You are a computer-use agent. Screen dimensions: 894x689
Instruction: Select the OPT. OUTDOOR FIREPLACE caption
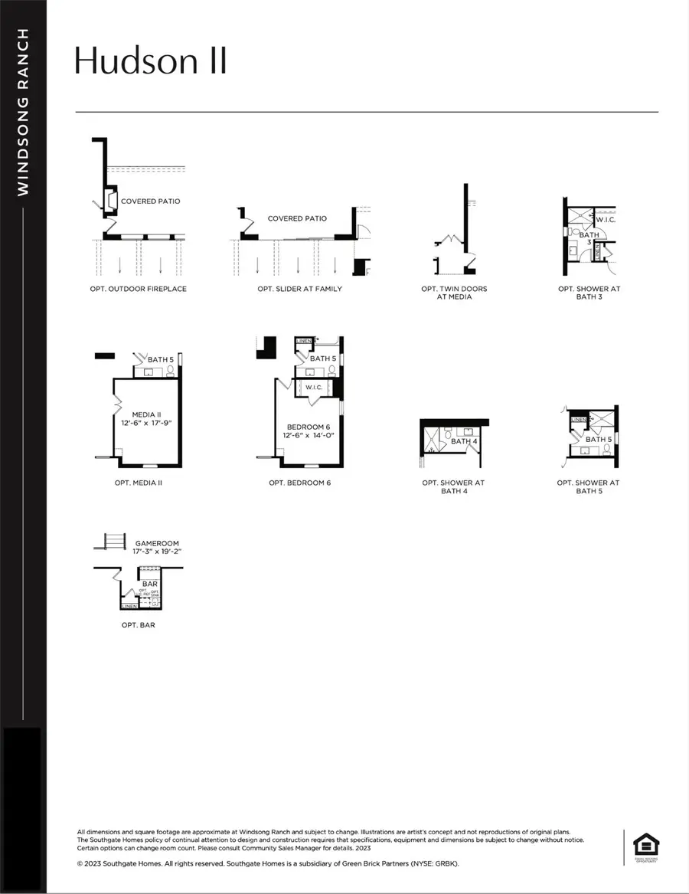tap(138, 289)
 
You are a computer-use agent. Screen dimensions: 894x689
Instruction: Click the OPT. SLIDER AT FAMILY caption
tap(299, 289)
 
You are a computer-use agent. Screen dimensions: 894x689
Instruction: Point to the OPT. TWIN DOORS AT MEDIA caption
tap(454, 293)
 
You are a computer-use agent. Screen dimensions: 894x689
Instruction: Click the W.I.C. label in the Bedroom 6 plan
tap(314, 387)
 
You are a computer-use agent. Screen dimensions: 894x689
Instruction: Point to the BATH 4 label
tap(463, 441)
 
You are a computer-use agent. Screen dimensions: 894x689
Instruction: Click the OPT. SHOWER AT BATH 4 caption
tap(453, 486)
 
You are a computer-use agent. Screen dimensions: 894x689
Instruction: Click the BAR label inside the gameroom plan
tap(149, 584)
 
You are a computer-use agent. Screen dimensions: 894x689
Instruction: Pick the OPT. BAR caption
tap(138, 624)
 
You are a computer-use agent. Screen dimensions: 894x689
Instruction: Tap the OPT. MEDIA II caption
tap(138, 483)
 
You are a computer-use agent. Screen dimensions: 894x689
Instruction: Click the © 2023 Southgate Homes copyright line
tap(268, 863)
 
